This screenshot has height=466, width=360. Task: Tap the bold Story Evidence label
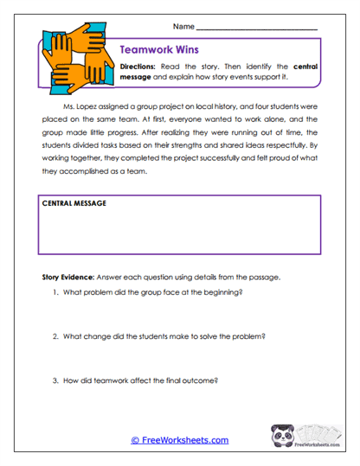coord(72,278)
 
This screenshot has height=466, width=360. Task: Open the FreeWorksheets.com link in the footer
coord(179,440)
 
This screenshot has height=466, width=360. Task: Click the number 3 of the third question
coord(55,379)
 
